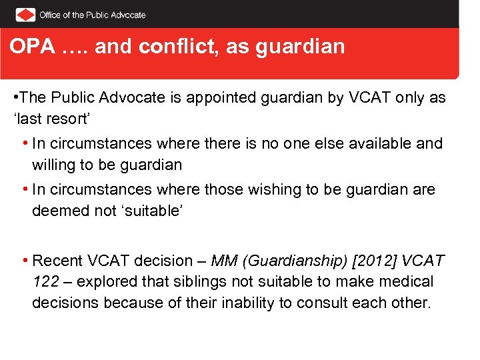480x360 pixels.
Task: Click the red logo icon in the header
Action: pyautogui.click(x=25, y=15)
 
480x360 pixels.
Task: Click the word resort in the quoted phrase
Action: pyautogui.click(x=62, y=118)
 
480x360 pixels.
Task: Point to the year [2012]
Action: pyautogui.click(x=376, y=261)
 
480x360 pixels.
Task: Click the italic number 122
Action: pyautogui.click(x=45, y=282)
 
